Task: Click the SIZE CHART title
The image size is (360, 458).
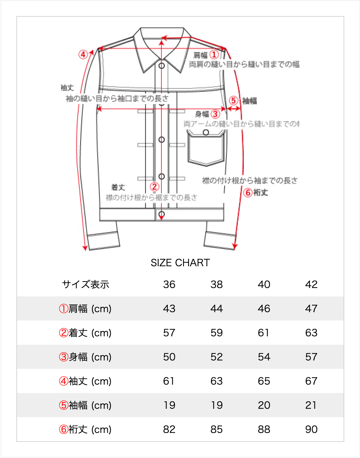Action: (180, 263)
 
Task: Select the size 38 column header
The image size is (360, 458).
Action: (216, 284)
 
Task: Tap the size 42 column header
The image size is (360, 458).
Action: (311, 284)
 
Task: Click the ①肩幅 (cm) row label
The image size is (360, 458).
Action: (85, 309)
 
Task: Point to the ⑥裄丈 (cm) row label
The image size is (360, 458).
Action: (85, 429)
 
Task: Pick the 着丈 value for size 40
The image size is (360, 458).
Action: (264, 333)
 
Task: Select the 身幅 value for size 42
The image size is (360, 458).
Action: (311, 357)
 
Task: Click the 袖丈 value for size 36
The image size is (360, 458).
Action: (169, 381)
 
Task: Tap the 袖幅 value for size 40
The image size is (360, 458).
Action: (264, 405)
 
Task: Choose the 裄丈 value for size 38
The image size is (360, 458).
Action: (216, 429)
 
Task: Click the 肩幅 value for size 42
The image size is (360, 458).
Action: (311, 309)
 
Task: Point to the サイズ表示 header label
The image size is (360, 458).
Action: (86, 284)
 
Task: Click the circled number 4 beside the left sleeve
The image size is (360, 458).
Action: (83, 55)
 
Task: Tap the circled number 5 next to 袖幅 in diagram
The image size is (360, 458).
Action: (234, 100)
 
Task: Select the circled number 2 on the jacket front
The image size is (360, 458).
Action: (154, 187)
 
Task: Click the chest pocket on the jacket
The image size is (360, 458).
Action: (206, 148)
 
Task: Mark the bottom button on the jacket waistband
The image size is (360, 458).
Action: (162, 214)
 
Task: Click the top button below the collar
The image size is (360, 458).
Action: (162, 66)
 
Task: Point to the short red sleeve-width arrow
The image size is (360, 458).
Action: (234, 109)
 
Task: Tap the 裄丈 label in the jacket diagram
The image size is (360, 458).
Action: (261, 193)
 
